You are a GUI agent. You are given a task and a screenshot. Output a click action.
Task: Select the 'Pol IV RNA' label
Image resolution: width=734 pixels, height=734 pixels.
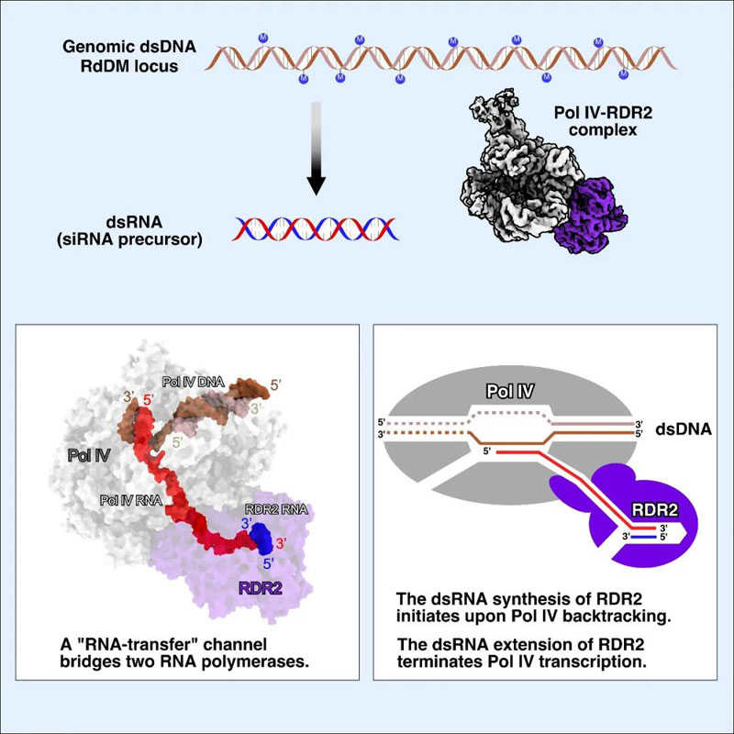tap(132, 502)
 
